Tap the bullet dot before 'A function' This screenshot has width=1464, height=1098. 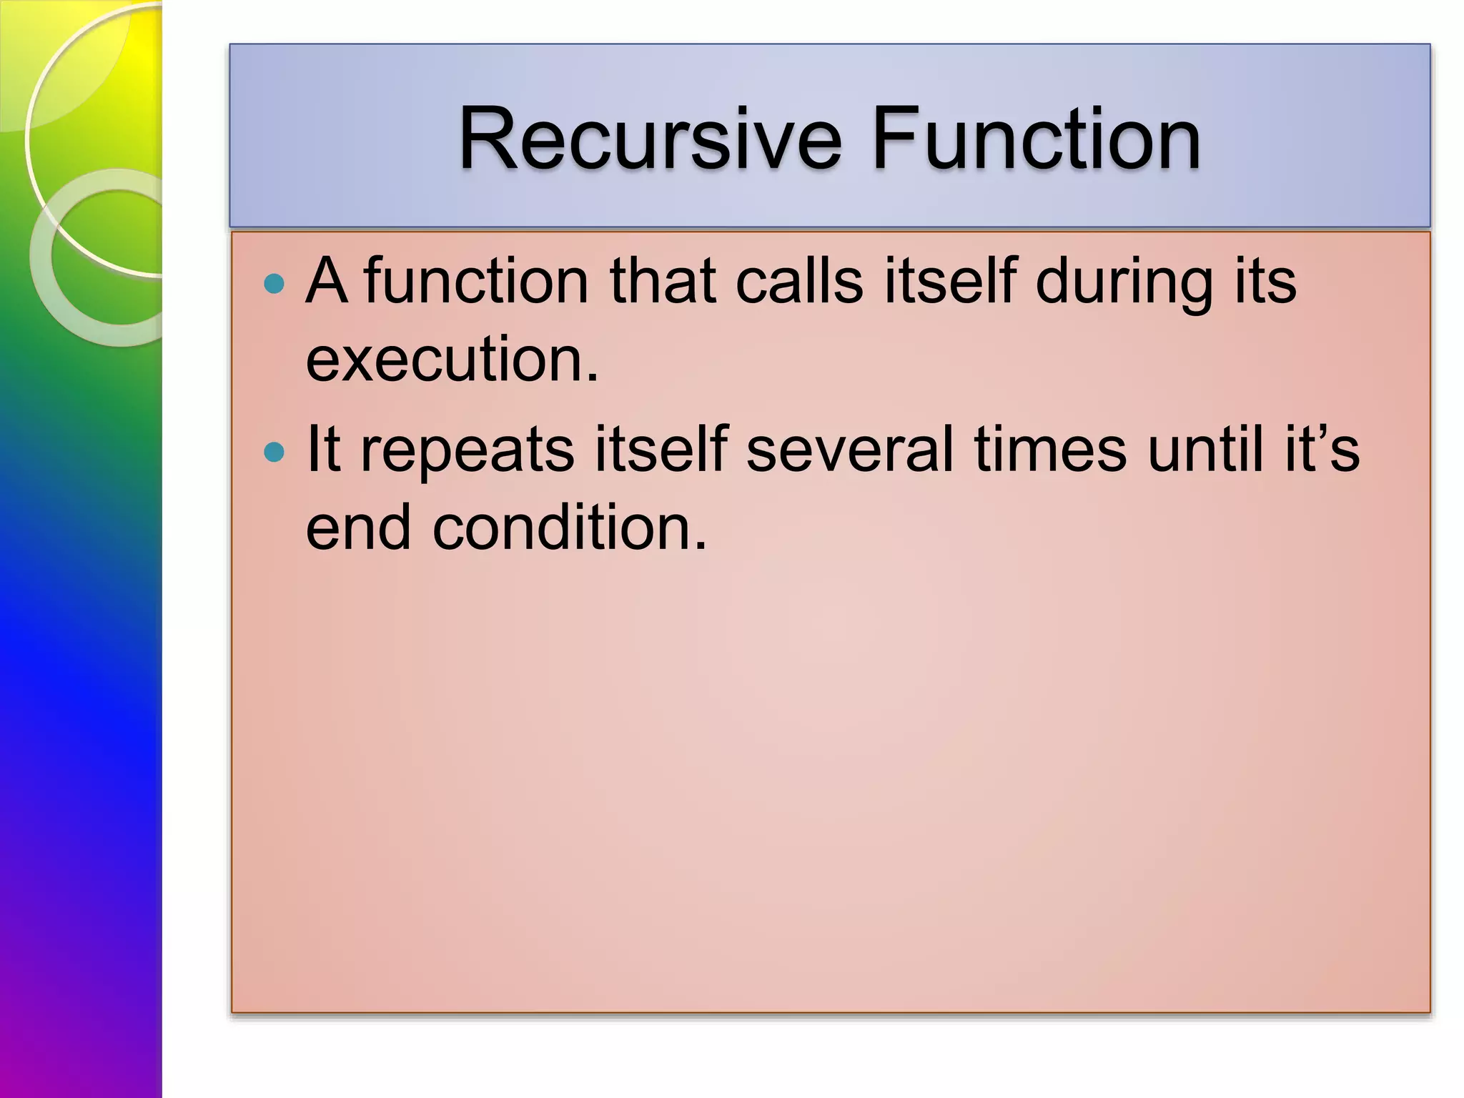[x=274, y=284]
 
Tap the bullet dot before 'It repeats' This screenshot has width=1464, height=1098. [x=274, y=452]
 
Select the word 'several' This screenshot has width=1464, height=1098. [x=849, y=450]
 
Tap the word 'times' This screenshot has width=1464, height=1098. [x=1050, y=450]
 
